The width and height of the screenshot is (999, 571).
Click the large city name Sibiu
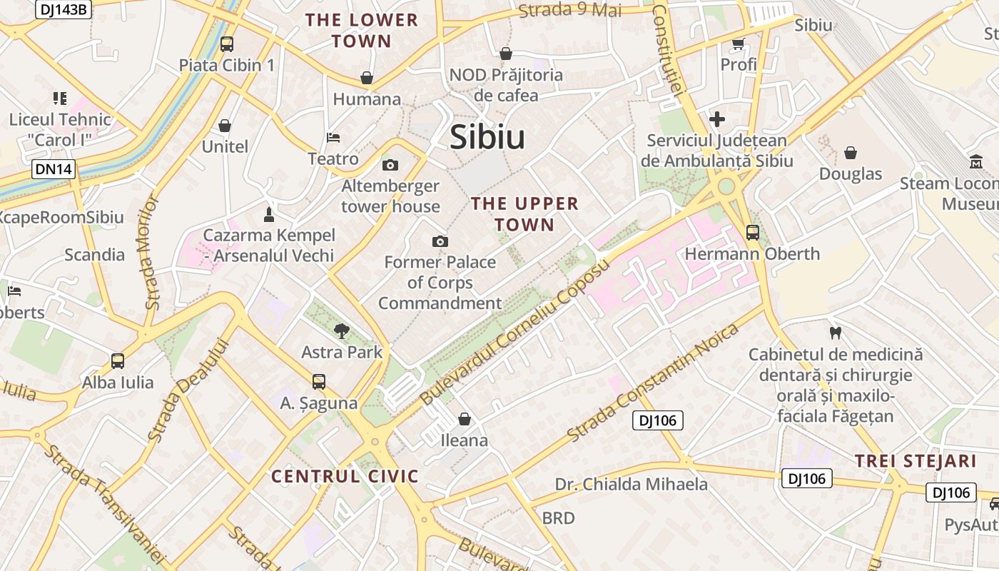coord(487,137)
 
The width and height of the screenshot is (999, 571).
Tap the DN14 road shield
coord(54,169)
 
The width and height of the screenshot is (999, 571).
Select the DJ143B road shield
coord(64,9)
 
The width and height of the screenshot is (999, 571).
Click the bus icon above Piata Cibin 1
coord(227,44)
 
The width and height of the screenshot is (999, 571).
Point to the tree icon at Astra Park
coord(342,330)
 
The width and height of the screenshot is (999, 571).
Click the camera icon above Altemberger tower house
coord(390,166)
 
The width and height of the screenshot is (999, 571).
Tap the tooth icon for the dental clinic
coord(836,333)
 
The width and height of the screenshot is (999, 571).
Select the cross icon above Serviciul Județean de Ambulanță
coord(717,119)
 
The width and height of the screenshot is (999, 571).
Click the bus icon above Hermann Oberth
coord(752,232)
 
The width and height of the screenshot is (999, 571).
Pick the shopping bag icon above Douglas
coord(851,153)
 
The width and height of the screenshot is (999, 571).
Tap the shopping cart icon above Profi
coord(739,44)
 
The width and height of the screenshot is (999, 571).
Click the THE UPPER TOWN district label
coord(524,214)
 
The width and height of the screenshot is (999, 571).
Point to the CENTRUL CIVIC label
coord(345,476)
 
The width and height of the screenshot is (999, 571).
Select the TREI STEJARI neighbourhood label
coord(916,461)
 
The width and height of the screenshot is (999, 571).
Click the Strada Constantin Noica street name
coord(652,383)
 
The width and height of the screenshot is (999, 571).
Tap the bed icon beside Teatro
coord(333,137)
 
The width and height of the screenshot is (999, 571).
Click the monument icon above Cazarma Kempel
coord(269,214)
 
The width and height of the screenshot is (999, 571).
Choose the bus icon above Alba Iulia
coord(118,361)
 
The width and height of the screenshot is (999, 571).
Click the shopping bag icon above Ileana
coord(465,419)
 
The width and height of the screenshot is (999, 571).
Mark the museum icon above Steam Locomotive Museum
coord(976,162)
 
